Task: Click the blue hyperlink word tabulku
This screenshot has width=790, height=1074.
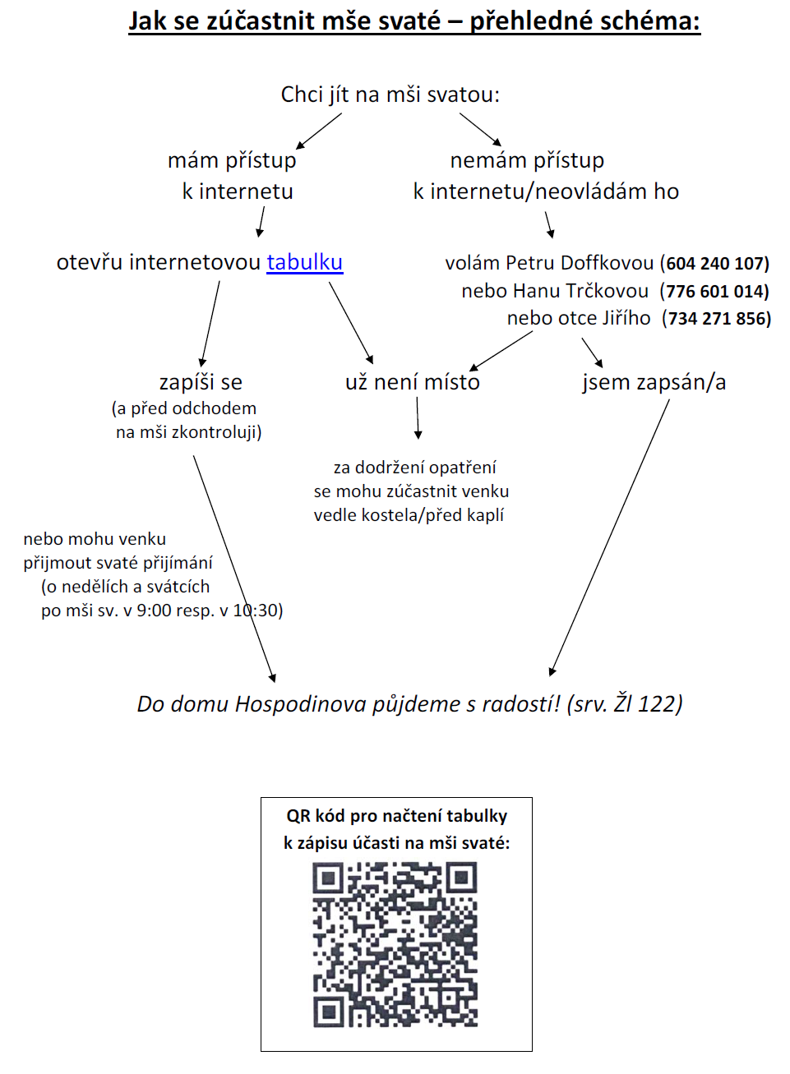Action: tap(305, 262)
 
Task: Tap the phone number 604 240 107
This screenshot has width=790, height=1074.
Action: tap(717, 263)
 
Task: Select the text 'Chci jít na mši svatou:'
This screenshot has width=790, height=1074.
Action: tap(390, 94)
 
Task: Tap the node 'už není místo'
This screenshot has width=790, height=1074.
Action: tap(413, 382)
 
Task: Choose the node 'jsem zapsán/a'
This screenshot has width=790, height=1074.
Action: tap(654, 383)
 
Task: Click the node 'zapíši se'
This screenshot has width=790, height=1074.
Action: tap(201, 383)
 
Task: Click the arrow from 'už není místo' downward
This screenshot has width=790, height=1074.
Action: tap(418, 417)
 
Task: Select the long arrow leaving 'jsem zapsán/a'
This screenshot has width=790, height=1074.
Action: tap(609, 537)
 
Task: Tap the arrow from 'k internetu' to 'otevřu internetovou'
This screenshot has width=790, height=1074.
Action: tap(261, 222)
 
